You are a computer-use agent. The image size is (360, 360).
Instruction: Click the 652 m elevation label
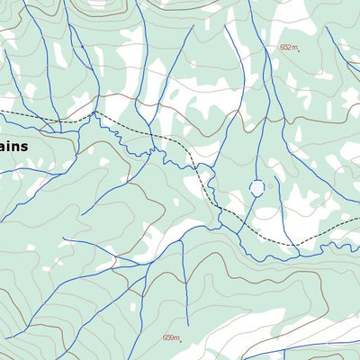pos(288,48)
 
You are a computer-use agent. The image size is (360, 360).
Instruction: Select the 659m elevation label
pos(170,338)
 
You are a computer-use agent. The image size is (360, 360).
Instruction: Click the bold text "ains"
pos(14,146)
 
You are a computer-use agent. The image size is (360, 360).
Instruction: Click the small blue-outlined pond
pos(257,188)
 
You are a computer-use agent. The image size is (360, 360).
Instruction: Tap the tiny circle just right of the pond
pos(270,186)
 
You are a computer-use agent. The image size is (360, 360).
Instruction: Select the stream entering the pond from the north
pos(257,166)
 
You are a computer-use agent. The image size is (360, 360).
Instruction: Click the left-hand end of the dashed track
pos(2,112)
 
